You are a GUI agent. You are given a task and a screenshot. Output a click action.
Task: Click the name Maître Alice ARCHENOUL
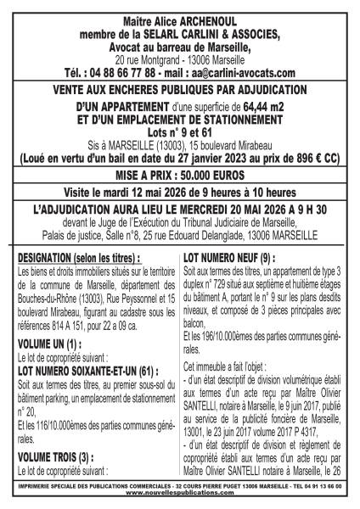point(179,11)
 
